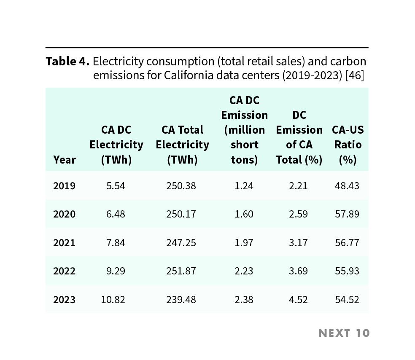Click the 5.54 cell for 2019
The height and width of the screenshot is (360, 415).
pos(116,185)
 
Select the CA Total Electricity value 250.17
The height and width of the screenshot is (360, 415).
pos(181,214)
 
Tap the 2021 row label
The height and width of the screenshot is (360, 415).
pos(64,243)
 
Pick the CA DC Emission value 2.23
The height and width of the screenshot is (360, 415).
pos(244,271)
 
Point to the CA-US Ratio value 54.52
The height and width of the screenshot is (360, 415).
pos(347,300)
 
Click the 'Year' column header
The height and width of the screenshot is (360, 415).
pos(65,160)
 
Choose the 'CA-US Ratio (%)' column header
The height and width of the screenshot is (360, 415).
pos(348,145)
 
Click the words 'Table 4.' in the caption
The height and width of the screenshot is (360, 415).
pos(67,62)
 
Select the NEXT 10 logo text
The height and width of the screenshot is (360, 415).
pos(344,333)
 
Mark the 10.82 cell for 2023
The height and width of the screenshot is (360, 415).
pos(113,300)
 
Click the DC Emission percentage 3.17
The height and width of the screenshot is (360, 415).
pos(298,243)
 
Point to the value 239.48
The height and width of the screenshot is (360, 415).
pos(181,300)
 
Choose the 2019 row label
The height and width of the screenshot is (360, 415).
pos(64,185)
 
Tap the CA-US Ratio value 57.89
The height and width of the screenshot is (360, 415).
pos(347,214)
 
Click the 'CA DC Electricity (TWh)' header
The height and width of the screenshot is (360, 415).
pos(116,145)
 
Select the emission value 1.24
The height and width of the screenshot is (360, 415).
pos(244,185)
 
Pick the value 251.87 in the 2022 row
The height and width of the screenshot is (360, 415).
pos(181,271)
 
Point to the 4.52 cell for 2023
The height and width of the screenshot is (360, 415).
pos(298,300)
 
